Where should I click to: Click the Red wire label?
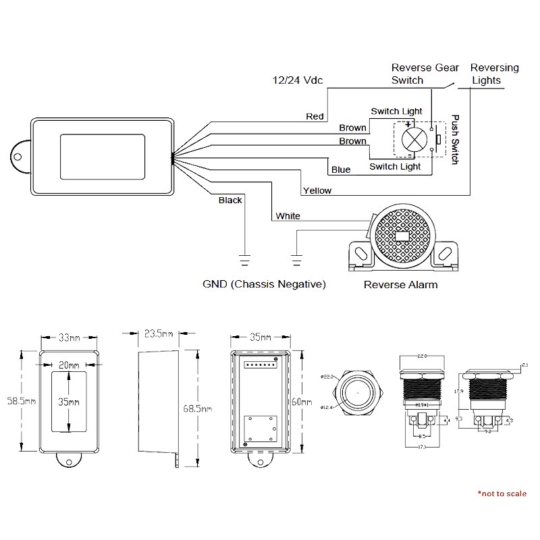[x=315, y=116]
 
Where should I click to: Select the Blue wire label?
[x=341, y=169]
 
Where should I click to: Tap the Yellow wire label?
[x=317, y=190]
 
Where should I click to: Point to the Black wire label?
[x=230, y=200]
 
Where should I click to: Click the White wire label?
[x=288, y=216]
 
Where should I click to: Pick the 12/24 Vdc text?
[x=296, y=80]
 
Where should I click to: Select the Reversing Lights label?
[x=494, y=74]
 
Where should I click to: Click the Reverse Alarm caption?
[x=400, y=284]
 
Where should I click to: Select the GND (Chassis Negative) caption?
[x=264, y=284]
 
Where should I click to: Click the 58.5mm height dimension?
[x=20, y=400]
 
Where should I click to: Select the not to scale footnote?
[x=502, y=493]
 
